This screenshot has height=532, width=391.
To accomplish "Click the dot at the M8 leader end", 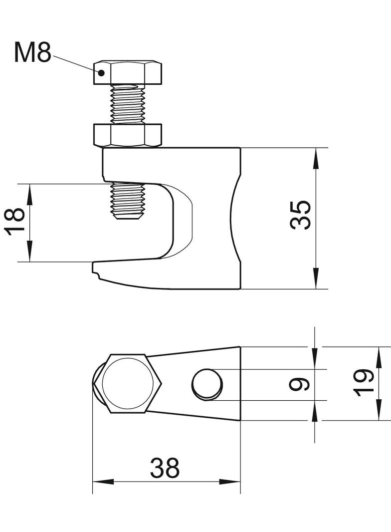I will [101, 72].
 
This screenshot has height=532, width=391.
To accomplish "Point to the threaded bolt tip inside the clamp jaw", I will [128, 202].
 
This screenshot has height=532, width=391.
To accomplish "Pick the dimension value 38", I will [165, 468].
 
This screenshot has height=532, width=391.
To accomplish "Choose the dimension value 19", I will [365, 383].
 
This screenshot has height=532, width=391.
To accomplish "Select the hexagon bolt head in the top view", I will [128, 384].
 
